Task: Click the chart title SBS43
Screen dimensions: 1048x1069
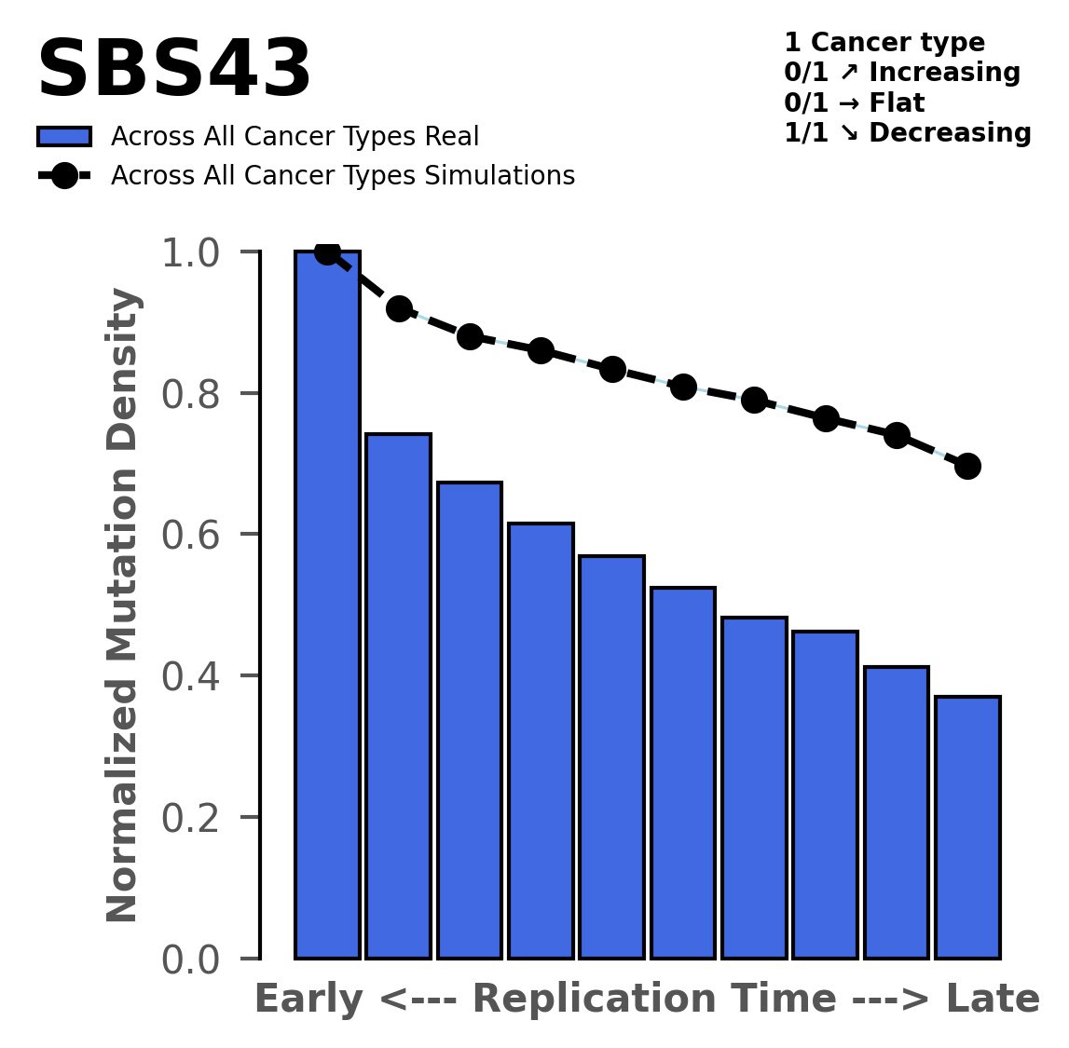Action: point(173,71)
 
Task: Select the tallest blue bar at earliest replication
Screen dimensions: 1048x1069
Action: point(327,606)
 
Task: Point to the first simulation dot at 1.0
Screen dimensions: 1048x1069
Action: point(327,252)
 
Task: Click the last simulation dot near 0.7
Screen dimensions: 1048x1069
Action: point(967,466)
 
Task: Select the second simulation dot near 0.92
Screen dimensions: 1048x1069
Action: point(399,309)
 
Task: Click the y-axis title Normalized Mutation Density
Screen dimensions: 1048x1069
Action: point(123,606)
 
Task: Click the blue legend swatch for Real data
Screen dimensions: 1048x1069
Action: point(64,137)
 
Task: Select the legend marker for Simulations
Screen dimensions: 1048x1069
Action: point(64,176)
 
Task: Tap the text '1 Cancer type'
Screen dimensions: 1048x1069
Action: point(884,43)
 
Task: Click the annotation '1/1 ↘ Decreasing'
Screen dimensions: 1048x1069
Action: point(908,133)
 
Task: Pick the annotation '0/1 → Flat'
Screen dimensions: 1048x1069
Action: point(854,103)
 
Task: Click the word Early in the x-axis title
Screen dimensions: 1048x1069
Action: point(308,1000)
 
